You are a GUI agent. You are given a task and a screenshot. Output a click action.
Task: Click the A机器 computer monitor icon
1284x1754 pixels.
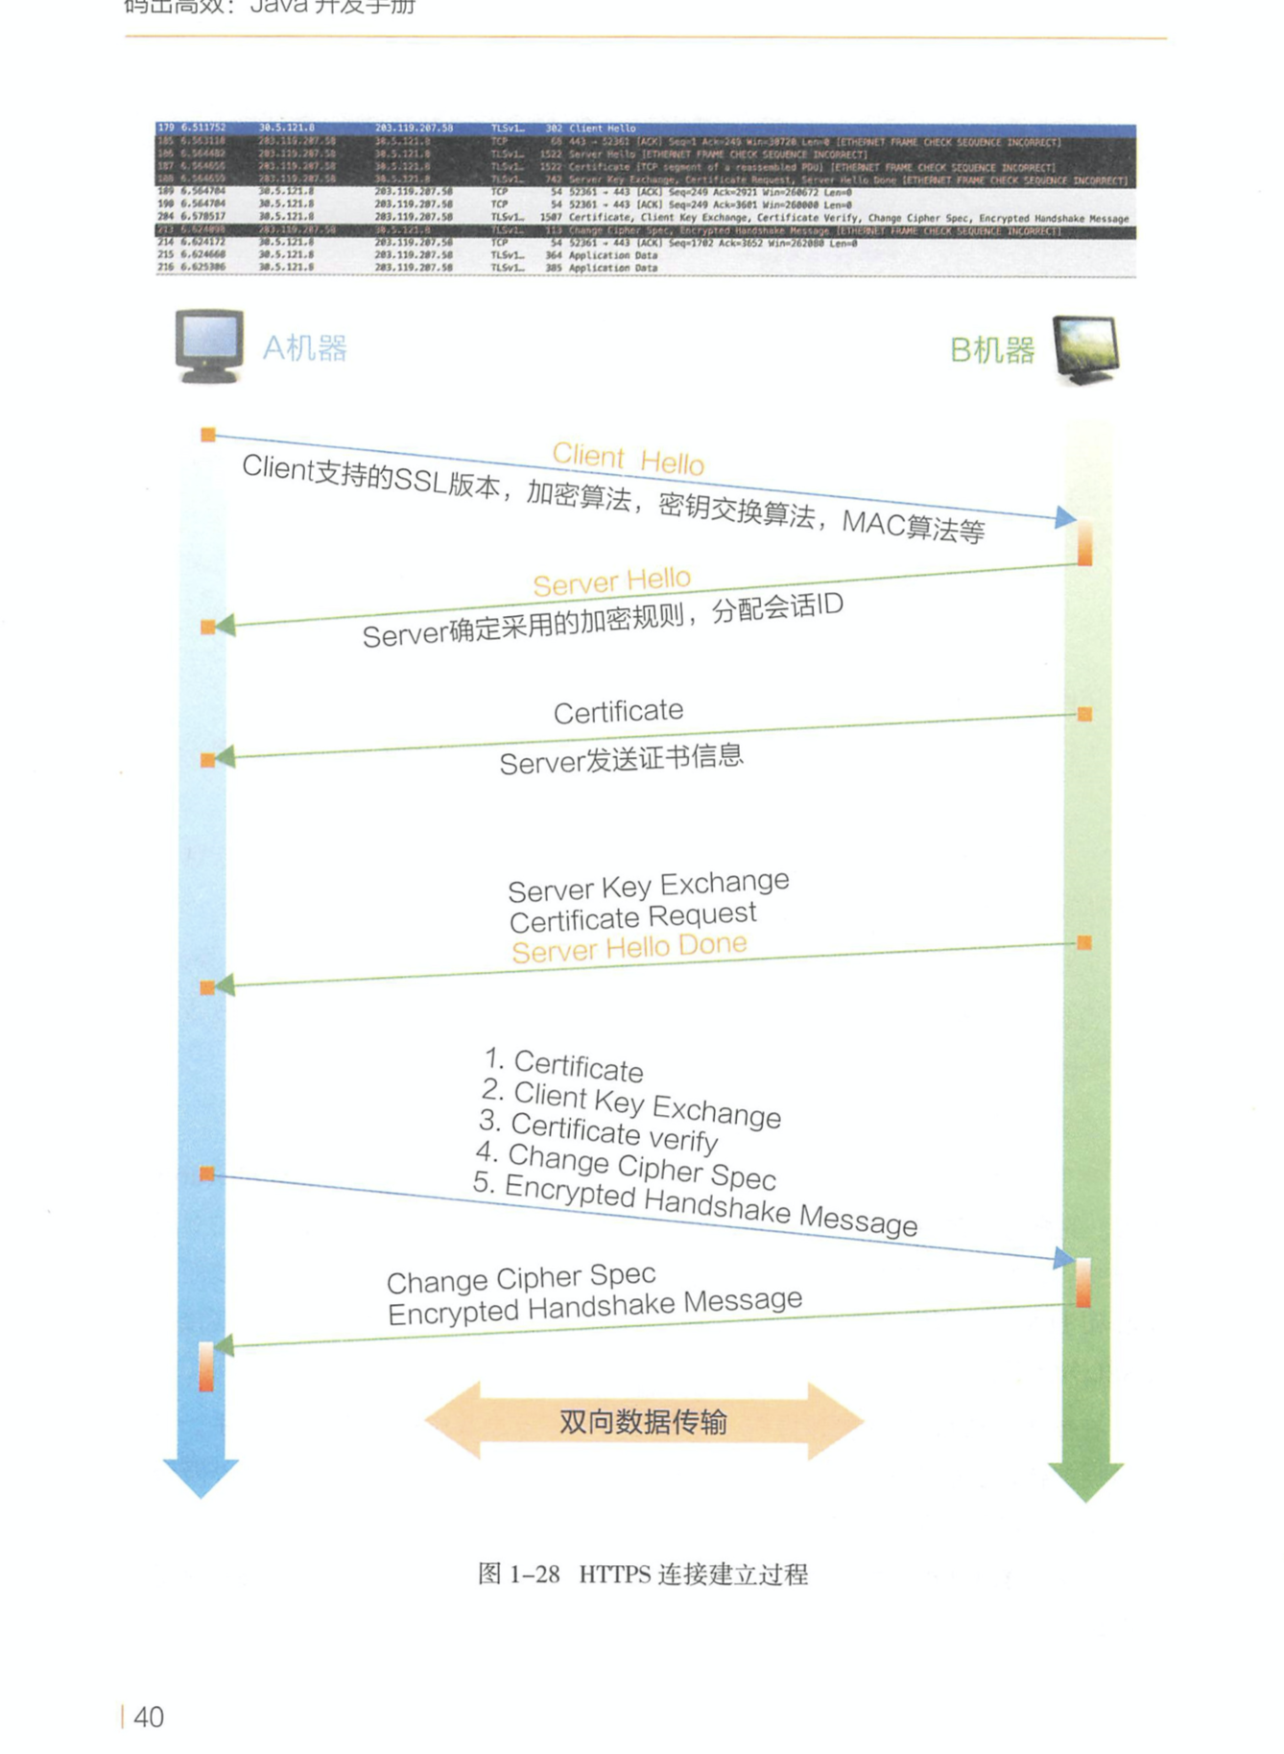point(208,345)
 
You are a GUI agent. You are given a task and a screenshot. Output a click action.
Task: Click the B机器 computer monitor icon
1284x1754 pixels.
point(1085,349)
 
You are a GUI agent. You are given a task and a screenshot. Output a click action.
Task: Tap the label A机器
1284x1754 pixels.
point(305,347)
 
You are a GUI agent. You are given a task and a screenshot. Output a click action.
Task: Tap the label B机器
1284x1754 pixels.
point(992,350)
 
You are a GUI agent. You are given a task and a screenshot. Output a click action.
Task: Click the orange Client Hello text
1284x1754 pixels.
point(629,459)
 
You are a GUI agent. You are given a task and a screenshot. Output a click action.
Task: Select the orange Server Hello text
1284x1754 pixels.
point(611,581)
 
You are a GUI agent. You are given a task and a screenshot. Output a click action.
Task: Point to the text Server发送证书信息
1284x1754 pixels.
point(621,760)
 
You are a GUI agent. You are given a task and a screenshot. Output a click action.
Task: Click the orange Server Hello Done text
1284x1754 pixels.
point(629,948)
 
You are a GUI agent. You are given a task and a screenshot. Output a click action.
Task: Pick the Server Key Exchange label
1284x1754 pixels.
point(648,886)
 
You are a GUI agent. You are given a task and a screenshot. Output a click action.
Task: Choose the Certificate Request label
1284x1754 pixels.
point(632,917)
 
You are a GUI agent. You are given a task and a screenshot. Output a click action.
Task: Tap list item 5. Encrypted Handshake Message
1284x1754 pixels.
point(696,1204)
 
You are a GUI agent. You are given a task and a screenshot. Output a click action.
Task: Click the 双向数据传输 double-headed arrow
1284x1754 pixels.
point(644,1421)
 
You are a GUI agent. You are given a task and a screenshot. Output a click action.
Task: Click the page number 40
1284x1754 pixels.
point(148,1717)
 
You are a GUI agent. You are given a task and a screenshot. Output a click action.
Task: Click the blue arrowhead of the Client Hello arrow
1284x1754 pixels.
point(1064,518)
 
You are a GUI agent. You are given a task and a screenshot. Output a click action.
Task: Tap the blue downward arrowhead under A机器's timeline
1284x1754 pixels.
point(201,1476)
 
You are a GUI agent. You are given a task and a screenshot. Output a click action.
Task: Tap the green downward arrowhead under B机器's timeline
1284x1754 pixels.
point(1085,1481)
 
